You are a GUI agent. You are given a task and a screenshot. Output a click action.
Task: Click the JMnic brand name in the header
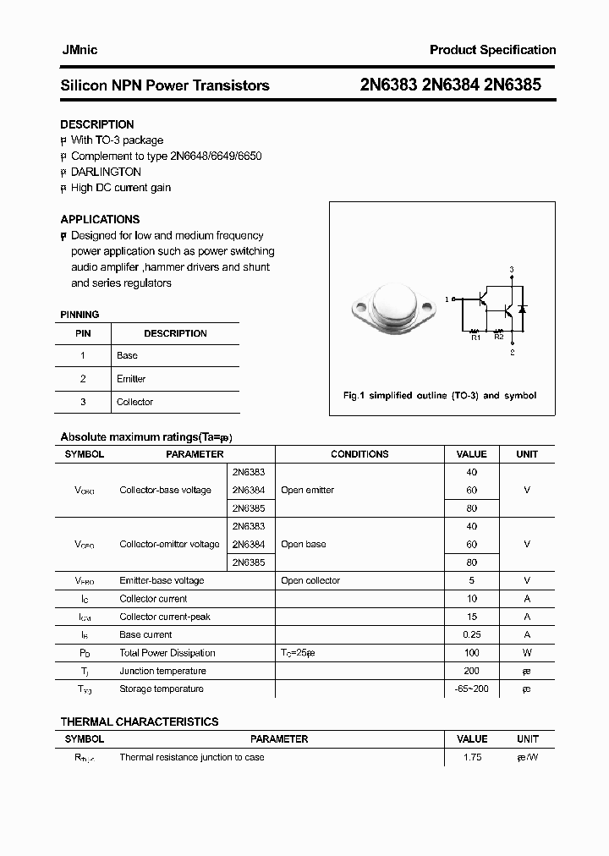[x=79, y=50]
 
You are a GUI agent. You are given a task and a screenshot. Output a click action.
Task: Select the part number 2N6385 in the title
[x=513, y=85]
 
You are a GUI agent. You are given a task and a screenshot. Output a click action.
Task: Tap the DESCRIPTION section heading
[x=97, y=124]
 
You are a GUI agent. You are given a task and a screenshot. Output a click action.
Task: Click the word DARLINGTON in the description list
[x=106, y=172]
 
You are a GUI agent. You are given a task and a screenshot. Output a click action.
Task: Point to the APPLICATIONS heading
[x=100, y=219]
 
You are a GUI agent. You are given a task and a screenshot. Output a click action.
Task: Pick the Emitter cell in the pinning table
[x=131, y=379]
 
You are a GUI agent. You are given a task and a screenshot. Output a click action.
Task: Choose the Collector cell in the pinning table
[x=134, y=402]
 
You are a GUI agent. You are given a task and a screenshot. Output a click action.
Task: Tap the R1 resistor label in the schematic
[x=475, y=337]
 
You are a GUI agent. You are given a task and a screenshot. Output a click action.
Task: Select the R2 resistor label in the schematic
[x=499, y=337]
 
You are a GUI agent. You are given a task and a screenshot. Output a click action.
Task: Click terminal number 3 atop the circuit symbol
[x=511, y=269]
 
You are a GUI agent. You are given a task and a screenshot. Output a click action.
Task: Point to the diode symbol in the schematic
[x=522, y=310]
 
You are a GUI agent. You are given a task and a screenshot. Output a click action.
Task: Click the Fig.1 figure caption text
[x=439, y=395]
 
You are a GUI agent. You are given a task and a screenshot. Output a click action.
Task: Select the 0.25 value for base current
[x=471, y=634]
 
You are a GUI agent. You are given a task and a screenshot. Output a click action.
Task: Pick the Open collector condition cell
[x=310, y=580]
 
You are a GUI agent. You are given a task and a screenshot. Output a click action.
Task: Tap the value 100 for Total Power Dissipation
[x=471, y=652]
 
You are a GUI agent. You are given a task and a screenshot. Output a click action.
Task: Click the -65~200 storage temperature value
[x=471, y=689]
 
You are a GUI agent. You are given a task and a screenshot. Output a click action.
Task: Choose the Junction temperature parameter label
[x=162, y=671]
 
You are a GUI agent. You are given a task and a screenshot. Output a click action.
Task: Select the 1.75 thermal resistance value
[x=471, y=757]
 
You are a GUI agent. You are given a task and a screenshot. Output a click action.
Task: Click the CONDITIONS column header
[x=359, y=454]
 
